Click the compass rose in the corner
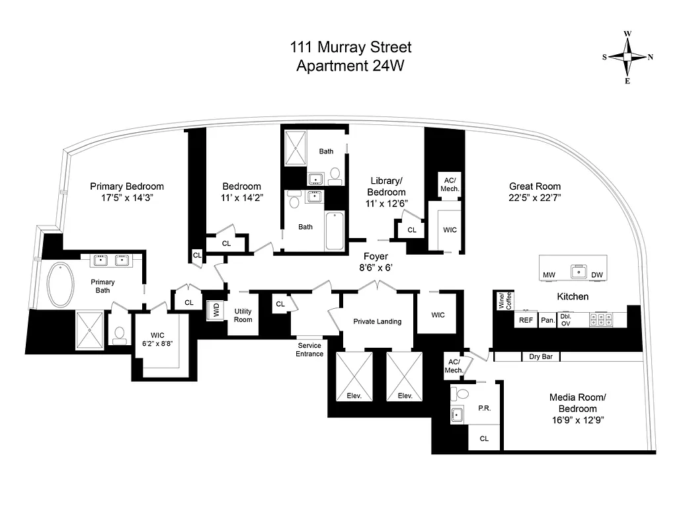pyautogui.click(x=627, y=58)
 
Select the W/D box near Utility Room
pyautogui.click(x=215, y=310)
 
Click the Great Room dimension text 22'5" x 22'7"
pyautogui.click(x=534, y=198)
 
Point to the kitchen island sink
pyautogui.click(x=579, y=270)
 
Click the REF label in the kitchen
pyautogui.click(x=526, y=320)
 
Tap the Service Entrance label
pyautogui.click(x=309, y=350)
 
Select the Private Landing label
pyautogui.click(x=377, y=321)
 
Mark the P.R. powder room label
pyautogui.click(x=484, y=409)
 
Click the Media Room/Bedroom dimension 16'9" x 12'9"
pyautogui.click(x=577, y=419)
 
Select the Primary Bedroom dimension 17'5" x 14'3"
pyautogui.click(x=127, y=198)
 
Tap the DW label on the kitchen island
pyautogui.click(x=597, y=275)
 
